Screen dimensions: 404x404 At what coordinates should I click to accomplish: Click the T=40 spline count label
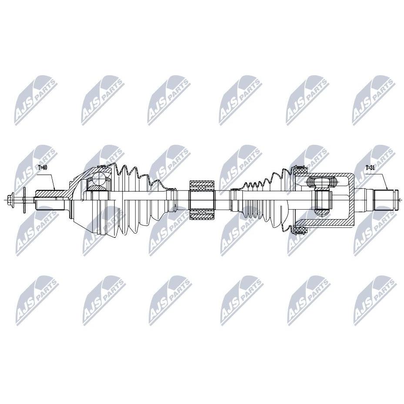pyautogui.click(x=43, y=167)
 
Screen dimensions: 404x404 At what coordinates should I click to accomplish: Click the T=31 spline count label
pyautogui.click(x=370, y=167)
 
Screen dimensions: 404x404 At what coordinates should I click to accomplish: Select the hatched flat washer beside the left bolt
pyautogui.click(x=24, y=200)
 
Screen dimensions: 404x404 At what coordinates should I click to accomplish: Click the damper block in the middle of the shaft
pyautogui.click(x=202, y=200)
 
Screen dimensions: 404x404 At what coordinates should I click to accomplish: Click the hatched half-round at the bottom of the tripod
pyautogui.click(x=322, y=212)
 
